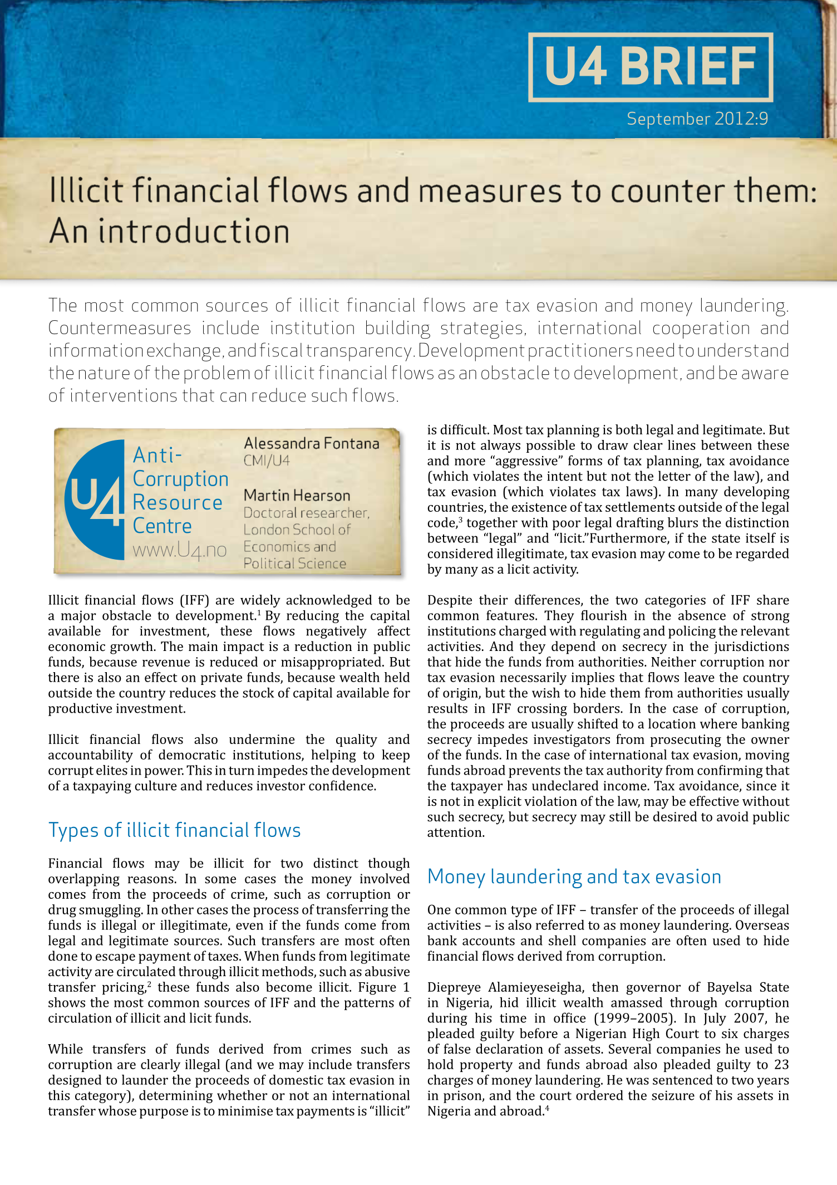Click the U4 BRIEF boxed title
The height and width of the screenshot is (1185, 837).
[x=650, y=67]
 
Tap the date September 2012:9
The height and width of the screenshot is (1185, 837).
[x=697, y=119]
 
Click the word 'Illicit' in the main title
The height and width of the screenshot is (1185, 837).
[x=86, y=191]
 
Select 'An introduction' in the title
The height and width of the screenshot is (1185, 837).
[x=169, y=232]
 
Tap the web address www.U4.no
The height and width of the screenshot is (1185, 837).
[x=179, y=550]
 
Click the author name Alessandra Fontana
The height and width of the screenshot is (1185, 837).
[x=311, y=443]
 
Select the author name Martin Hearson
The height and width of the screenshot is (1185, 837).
[x=297, y=495]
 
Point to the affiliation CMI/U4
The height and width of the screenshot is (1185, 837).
[x=267, y=461]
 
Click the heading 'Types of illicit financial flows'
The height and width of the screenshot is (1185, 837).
[x=174, y=830]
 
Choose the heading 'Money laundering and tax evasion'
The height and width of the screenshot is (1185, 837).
[x=574, y=876]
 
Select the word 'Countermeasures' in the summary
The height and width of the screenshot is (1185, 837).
[x=120, y=328]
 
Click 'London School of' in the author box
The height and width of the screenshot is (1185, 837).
[x=297, y=530]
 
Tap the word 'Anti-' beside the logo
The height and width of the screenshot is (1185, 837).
[x=157, y=456]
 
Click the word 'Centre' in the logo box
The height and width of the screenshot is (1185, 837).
[x=162, y=526]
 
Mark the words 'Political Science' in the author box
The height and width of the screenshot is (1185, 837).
[x=294, y=564]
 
